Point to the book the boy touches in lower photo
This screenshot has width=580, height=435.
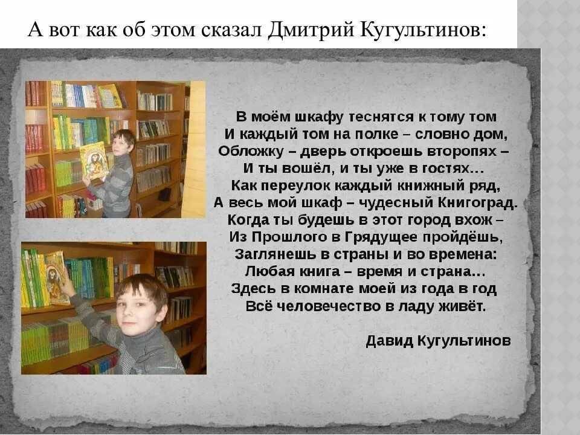(x=56, y=277)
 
